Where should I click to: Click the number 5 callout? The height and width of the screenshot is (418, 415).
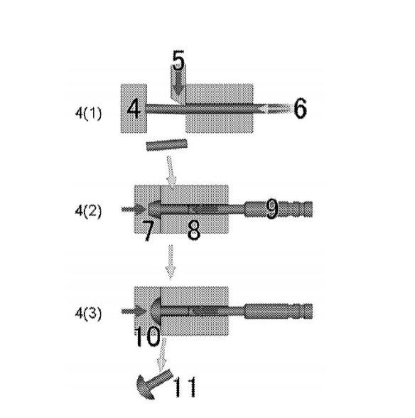click(178, 60)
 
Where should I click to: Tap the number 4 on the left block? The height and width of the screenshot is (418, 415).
click(134, 109)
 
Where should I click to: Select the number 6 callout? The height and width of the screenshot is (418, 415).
click(300, 108)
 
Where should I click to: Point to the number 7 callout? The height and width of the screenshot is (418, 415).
click(149, 231)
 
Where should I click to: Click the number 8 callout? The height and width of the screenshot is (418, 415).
click(194, 230)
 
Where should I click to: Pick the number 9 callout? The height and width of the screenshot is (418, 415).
click(272, 209)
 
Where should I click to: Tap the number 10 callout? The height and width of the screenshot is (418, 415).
click(147, 337)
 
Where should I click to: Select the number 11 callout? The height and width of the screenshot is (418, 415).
click(185, 387)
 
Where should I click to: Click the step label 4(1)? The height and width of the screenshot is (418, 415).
click(89, 114)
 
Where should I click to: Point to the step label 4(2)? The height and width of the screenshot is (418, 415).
click(89, 211)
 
